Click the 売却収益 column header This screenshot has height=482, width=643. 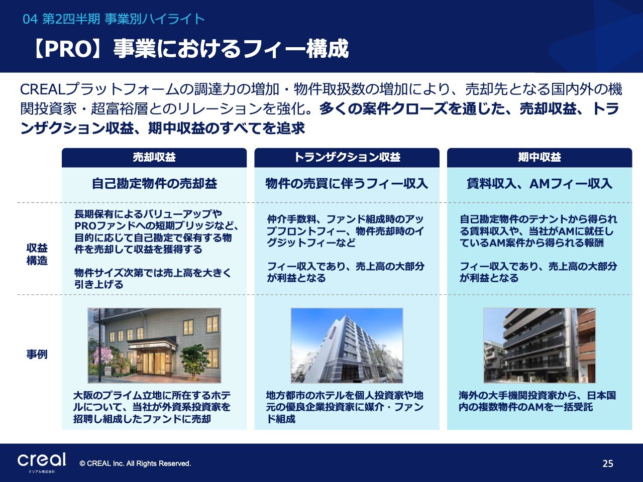coord(154,158)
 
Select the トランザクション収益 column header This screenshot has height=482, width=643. coord(347,158)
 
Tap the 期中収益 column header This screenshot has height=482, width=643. coord(540,158)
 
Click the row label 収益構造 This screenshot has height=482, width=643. coord(37,254)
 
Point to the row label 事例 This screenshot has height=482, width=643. coord(37,354)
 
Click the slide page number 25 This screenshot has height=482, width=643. coord(608,463)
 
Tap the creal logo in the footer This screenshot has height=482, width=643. coord(42,462)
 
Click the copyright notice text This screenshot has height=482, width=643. coord(135,463)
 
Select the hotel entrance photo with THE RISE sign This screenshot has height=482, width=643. coord(154,345)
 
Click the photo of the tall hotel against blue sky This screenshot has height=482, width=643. coord(347,345)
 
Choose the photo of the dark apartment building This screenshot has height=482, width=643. coord(540,345)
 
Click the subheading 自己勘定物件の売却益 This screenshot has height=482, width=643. coord(154,184)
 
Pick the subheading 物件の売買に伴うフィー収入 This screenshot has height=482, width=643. coord(347,184)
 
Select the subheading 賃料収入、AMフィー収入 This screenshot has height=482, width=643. coord(540,184)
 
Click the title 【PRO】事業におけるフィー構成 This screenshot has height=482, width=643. coord(190,49)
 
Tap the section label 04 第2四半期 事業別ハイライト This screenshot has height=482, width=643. coord(114,19)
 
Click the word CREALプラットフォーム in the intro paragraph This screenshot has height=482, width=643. coord(99,89)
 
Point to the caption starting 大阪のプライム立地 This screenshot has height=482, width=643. coord(152,407)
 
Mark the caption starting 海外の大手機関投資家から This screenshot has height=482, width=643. coord(537,401)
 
